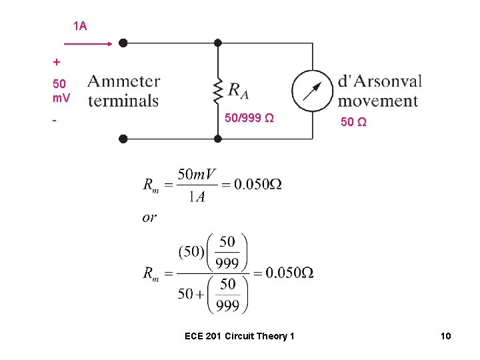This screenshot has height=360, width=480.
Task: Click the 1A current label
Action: click(x=80, y=26)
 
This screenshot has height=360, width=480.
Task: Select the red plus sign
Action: click(x=57, y=62)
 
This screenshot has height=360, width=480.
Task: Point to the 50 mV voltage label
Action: click(x=60, y=91)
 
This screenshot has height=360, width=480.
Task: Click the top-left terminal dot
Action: click(x=123, y=43)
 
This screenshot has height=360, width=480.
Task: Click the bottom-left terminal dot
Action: click(x=123, y=139)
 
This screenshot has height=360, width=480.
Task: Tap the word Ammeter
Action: click(x=124, y=81)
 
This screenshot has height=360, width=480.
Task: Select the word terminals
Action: click(x=123, y=101)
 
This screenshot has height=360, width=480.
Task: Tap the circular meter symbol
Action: click(x=311, y=90)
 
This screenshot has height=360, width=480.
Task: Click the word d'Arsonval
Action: click(x=380, y=81)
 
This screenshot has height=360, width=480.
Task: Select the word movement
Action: click(x=378, y=101)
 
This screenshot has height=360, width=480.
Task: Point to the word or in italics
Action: click(x=149, y=217)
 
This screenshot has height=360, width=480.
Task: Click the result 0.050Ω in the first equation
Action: click(x=259, y=185)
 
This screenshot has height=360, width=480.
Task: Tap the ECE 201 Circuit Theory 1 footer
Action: click(x=239, y=336)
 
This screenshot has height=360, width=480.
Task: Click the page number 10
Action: click(x=445, y=336)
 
